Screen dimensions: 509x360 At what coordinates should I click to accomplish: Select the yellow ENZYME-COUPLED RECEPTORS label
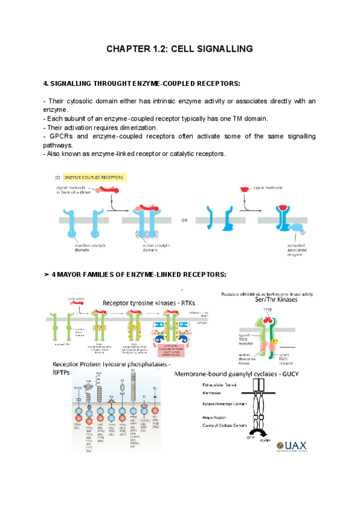(x=95, y=178)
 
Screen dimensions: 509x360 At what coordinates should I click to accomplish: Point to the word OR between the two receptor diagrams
(x=184, y=220)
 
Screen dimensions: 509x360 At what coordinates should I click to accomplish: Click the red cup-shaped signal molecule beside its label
(x=245, y=190)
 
